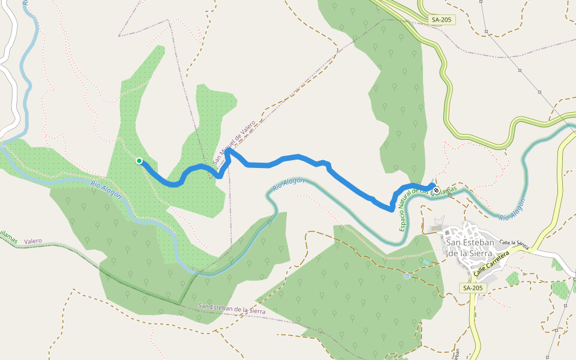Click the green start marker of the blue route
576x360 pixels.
(139, 161)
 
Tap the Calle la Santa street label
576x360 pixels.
(514, 243)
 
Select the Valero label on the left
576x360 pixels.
(33, 241)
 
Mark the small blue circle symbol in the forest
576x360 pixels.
(407, 276)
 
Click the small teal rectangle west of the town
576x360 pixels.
(425, 262)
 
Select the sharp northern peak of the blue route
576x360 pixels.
(228, 151)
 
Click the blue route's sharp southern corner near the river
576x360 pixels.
(392, 210)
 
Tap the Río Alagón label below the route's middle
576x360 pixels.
(289, 184)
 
